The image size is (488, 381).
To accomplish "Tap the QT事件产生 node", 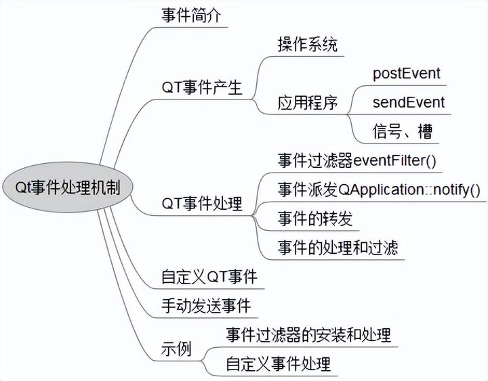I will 201,87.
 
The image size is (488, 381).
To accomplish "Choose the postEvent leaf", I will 407,73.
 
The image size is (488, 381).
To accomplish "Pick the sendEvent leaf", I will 409,102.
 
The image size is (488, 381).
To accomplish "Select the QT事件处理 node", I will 201,203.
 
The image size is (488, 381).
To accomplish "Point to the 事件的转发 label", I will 315,218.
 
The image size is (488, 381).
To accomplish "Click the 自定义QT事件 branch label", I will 209,277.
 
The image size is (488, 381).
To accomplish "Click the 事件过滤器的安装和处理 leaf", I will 308,334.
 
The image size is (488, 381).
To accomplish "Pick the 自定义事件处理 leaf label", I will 279,364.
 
